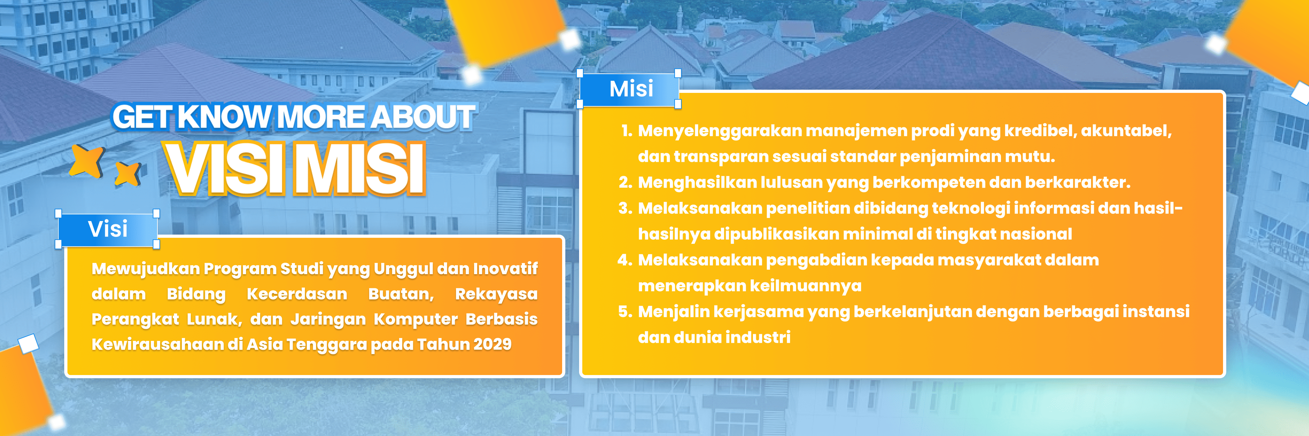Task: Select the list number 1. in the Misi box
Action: click(627, 131)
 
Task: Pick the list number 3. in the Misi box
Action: click(625, 208)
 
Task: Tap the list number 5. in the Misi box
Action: click(625, 312)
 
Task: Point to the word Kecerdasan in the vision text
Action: click(297, 294)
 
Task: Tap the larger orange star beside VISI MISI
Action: click(87, 161)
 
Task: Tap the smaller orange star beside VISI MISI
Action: click(127, 174)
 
